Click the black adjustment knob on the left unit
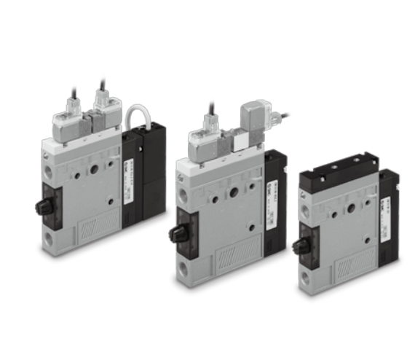pos(41,206)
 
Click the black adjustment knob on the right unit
pos(299,246)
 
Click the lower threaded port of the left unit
pos(48,238)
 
